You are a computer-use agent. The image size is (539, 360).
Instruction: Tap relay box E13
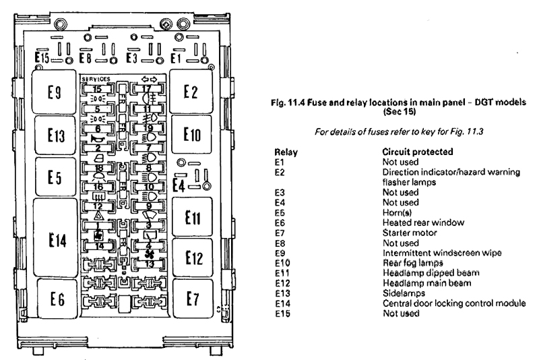(55, 136)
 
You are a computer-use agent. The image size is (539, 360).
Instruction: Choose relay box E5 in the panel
(55, 178)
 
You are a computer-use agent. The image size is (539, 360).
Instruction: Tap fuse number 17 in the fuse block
(147, 89)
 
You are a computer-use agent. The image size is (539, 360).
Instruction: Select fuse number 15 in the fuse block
(98, 88)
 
